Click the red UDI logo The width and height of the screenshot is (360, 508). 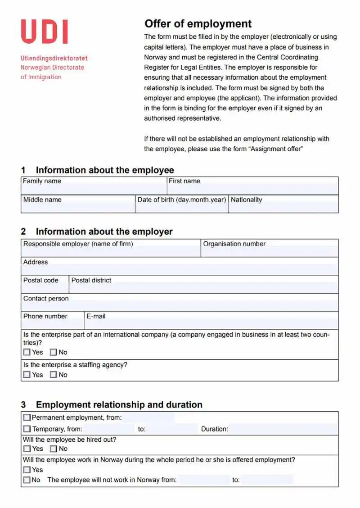[x=44, y=32]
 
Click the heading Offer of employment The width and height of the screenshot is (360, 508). [x=198, y=24]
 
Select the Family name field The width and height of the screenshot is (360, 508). [x=94, y=190]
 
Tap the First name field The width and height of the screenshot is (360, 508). [x=252, y=190]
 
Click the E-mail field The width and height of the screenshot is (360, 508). [x=211, y=324]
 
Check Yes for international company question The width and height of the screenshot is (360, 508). [x=27, y=352]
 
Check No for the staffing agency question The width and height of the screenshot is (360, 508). [x=54, y=375]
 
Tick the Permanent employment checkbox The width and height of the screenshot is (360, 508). [x=27, y=418]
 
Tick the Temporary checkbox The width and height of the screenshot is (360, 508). [x=27, y=429]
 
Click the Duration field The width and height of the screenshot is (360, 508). [x=283, y=429]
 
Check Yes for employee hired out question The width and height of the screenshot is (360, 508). [x=27, y=449]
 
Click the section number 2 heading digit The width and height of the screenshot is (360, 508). [x=23, y=232]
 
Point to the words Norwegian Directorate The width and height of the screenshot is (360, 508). [x=52, y=68]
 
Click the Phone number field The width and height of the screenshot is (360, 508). [x=52, y=324]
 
